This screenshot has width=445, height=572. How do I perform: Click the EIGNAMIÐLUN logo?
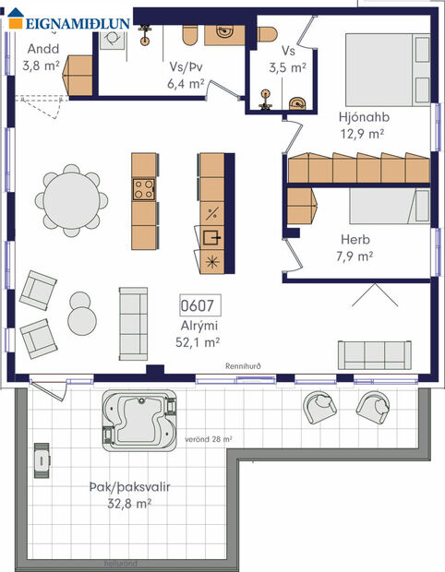[65, 23]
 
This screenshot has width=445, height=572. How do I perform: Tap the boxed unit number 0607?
[198, 305]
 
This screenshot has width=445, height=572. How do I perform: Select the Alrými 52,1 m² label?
[198, 333]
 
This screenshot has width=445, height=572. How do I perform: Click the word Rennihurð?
[244, 366]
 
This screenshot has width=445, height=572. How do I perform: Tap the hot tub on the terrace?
[139, 423]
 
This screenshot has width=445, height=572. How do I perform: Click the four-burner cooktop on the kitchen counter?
[145, 190]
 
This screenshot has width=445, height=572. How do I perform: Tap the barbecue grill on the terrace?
[42, 459]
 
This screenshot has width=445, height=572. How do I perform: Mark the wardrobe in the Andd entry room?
[78, 71]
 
